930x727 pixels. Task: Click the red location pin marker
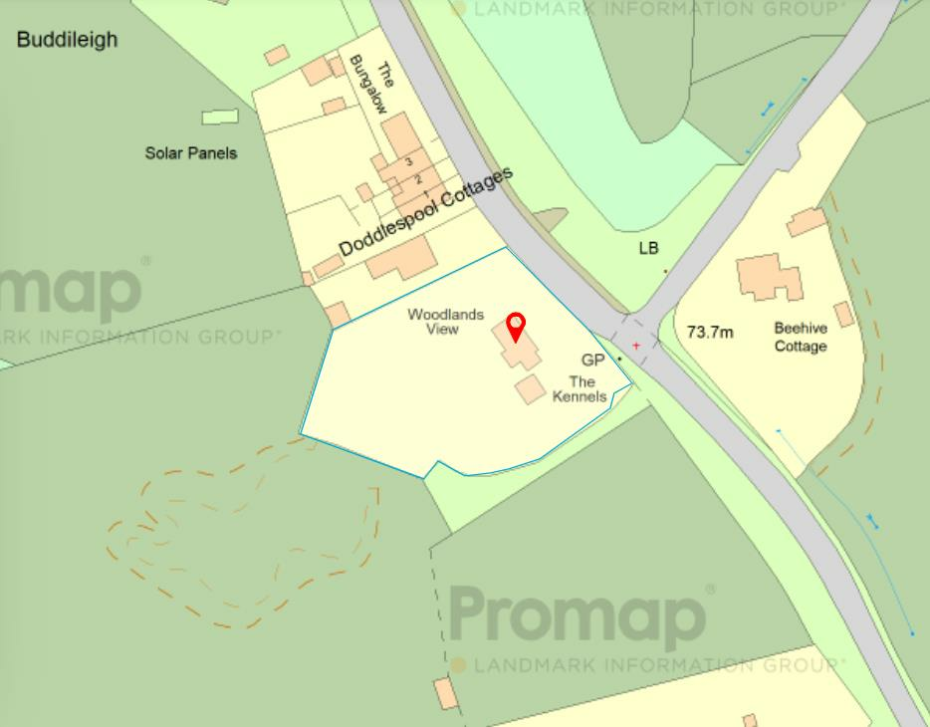[516, 326]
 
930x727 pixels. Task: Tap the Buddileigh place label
[67, 40]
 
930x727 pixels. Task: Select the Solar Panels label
[191, 153]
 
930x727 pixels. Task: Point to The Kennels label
[582, 389]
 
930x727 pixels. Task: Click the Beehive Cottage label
[801, 337]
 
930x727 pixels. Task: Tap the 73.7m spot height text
[710, 333]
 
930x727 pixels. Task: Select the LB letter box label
[649, 248]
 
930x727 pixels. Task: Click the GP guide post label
[593, 360]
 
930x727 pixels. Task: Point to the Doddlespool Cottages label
[426, 212]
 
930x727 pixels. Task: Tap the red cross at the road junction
[636, 346]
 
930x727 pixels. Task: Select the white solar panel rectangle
[220, 118]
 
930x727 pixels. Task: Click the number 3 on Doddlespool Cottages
[408, 161]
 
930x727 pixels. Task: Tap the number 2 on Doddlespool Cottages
[418, 179]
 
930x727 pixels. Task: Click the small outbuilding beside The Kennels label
[530, 389]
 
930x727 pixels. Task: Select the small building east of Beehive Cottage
[844, 315]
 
